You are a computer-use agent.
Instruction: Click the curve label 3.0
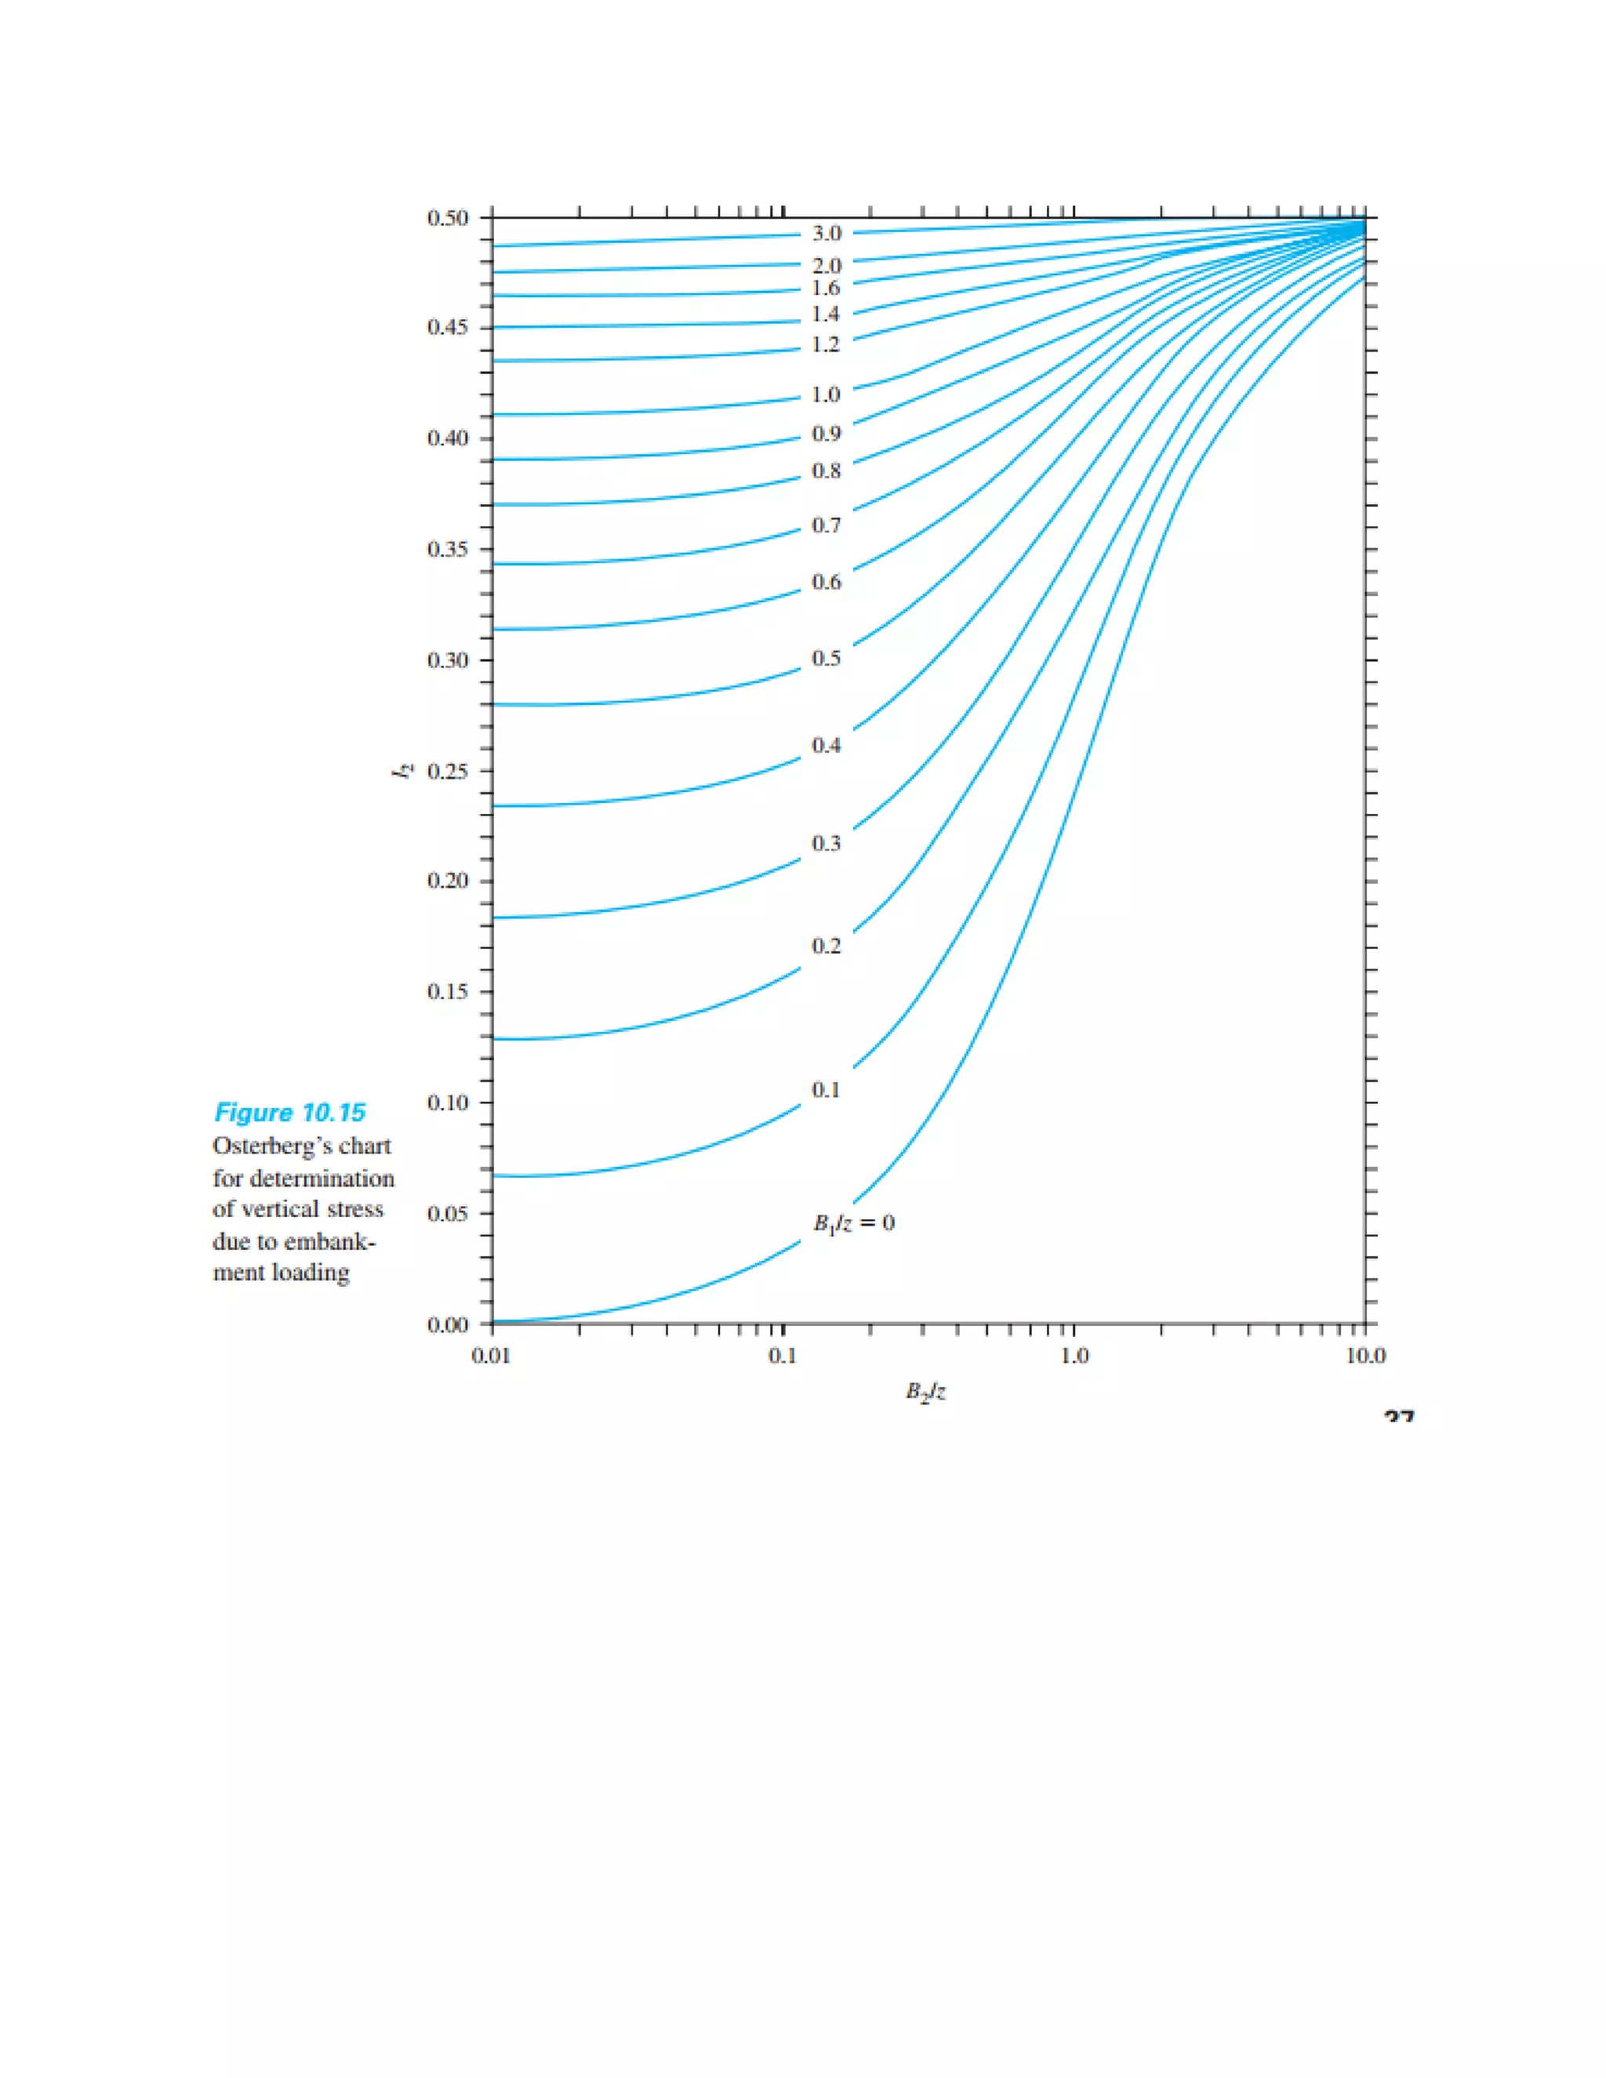pyautogui.click(x=826, y=233)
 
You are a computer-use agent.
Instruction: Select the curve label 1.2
pyautogui.click(x=826, y=344)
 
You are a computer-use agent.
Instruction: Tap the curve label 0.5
pyautogui.click(x=826, y=659)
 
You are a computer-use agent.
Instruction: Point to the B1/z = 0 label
pyautogui.click(x=853, y=1223)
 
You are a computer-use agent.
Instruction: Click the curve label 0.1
pyautogui.click(x=826, y=1089)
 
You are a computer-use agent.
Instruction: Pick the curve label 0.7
pyautogui.click(x=826, y=525)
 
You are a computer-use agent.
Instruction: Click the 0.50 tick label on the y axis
pyautogui.click(x=447, y=218)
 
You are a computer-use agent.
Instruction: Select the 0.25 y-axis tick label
pyautogui.click(x=447, y=772)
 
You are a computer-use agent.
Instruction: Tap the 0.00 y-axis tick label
pyautogui.click(x=447, y=1324)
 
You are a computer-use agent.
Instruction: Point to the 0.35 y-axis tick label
pyautogui.click(x=447, y=550)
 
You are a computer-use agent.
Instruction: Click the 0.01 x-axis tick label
pyautogui.click(x=491, y=1356)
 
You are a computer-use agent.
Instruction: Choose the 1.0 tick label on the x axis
pyautogui.click(x=1074, y=1356)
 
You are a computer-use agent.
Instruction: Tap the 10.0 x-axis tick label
pyautogui.click(x=1365, y=1356)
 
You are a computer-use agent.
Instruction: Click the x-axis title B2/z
pyautogui.click(x=925, y=1393)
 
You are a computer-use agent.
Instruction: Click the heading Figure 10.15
pyautogui.click(x=290, y=1113)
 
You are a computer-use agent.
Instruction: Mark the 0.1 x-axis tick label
pyautogui.click(x=782, y=1356)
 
